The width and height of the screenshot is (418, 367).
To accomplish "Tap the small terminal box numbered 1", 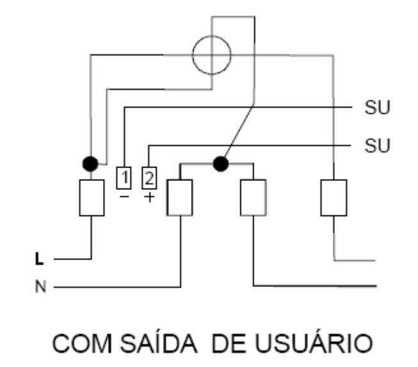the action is point(124,178).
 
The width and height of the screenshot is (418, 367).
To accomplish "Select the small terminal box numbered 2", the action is point(150,178).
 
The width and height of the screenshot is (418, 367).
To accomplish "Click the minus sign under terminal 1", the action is point(125,197).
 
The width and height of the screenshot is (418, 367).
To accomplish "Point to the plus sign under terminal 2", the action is point(150,198).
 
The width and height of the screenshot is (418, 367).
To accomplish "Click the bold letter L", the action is point(39,259).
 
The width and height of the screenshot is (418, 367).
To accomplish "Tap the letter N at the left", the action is point(40,286).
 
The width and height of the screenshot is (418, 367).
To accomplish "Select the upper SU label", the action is point(377,107).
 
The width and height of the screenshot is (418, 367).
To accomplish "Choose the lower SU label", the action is point(377,146).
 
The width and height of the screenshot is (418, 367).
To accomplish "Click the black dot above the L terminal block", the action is point(90,164).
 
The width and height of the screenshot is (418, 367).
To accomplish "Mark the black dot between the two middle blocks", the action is point(221,164).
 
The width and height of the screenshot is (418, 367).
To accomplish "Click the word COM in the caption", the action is point(82,343).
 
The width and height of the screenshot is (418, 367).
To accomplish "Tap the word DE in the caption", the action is point(229,343).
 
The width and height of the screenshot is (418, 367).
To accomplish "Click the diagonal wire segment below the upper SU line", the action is point(238,132).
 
